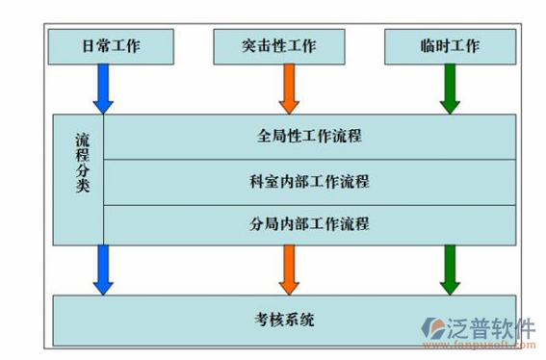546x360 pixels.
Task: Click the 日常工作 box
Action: tap(112, 45)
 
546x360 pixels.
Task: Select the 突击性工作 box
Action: tap(279, 45)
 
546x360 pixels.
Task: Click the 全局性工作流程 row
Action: tap(309, 136)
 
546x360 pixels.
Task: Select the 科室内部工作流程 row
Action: tap(309, 180)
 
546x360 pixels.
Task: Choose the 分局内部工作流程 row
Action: tap(309, 223)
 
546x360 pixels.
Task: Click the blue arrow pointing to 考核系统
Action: tap(104, 269)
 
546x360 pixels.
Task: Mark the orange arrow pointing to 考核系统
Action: tap(287, 269)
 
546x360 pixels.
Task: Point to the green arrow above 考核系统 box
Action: tap(450, 269)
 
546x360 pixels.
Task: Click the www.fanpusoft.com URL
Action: tap(486, 348)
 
